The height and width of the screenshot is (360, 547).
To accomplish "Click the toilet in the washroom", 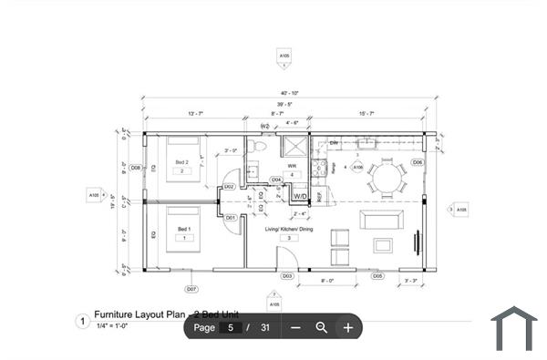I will pos(259,146).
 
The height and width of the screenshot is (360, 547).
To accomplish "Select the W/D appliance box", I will pos(300,195).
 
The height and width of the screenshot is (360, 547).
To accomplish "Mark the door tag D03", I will pos(286,275).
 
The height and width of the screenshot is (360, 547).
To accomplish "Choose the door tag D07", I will pos(191,289).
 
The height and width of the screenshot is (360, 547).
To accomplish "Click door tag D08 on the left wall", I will pos(135,168).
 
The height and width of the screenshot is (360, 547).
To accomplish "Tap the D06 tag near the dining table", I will pos(417,162).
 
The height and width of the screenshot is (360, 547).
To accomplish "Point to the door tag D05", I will pos(377,275).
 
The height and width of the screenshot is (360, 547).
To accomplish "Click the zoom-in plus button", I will pos(347,327).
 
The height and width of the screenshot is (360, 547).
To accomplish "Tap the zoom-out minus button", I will pos(295,327).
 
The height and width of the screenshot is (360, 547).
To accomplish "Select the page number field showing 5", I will pos(231,327).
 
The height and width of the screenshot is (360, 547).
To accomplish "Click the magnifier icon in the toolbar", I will pos(321,327).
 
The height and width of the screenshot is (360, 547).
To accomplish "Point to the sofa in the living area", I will pos(380,221).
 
